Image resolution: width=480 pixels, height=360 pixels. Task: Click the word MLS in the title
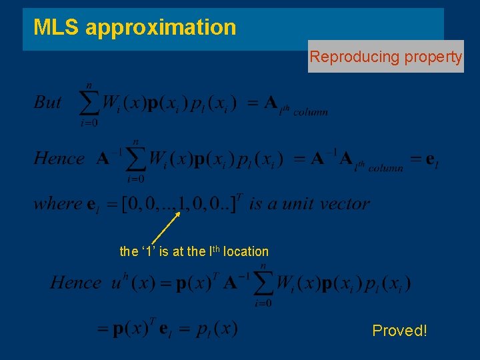(x=57, y=27)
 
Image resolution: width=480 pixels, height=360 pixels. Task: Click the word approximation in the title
(x=160, y=28)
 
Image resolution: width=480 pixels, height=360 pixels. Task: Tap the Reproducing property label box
(x=385, y=57)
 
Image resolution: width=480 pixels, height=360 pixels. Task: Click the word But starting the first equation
(x=47, y=103)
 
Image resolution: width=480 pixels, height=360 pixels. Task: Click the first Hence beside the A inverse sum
(x=59, y=159)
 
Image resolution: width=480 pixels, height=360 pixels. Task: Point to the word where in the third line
(x=57, y=203)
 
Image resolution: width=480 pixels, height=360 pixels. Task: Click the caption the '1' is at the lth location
(x=194, y=251)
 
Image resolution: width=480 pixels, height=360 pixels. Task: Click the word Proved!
(x=399, y=331)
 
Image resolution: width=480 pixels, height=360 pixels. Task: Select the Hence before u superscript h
(x=76, y=283)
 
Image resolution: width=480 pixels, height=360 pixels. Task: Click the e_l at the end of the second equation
(x=431, y=160)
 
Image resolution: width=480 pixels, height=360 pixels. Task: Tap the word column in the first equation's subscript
(x=311, y=112)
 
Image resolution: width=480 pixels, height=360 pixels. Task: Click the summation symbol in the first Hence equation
(x=136, y=159)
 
